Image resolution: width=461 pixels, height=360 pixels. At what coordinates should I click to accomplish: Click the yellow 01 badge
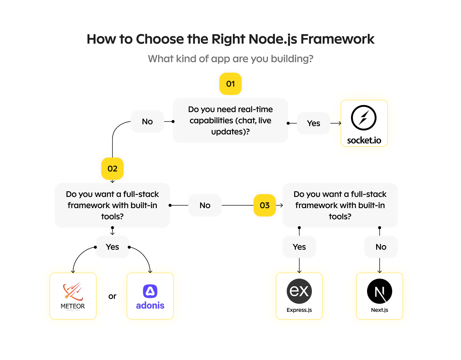point(230,84)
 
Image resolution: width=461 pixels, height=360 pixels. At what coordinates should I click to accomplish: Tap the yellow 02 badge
point(112,169)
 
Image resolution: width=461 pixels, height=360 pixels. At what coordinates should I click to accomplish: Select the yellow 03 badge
point(265,205)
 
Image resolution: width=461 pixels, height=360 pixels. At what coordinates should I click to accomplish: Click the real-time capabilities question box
point(230,120)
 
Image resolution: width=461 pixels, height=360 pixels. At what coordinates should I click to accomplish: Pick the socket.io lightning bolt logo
point(364,118)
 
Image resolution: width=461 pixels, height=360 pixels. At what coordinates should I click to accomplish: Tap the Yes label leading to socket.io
point(314,123)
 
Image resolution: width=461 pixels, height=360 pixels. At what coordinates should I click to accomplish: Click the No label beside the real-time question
point(147,122)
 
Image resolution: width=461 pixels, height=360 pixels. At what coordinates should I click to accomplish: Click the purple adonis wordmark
point(150,306)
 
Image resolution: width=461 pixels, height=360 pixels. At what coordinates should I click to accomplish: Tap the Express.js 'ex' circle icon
point(299,291)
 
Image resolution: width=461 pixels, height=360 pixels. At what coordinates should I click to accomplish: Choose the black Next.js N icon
point(380,291)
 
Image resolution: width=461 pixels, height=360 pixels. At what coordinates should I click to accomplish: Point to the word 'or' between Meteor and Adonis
point(112,296)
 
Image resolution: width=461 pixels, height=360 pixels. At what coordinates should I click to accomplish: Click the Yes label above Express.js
point(299,247)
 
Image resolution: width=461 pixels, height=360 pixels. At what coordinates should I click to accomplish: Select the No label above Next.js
point(381,247)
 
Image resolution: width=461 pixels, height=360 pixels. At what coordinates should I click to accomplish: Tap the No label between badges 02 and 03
point(205,205)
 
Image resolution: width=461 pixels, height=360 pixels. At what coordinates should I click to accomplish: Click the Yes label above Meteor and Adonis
point(112,247)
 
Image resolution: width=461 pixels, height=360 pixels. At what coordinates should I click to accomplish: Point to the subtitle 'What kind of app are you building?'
point(230,59)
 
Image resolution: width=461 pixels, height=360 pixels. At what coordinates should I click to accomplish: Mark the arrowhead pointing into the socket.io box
point(340,123)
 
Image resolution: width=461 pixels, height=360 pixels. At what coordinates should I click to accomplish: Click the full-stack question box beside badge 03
point(340,205)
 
